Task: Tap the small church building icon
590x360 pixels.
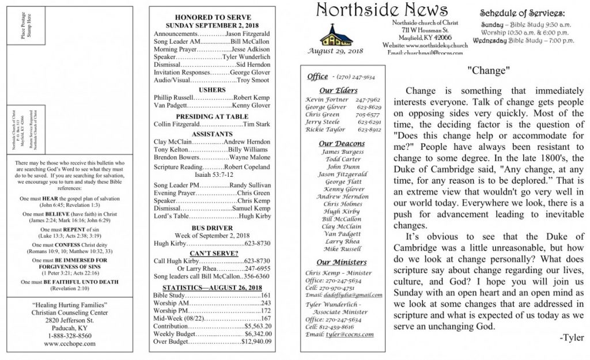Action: [335, 36]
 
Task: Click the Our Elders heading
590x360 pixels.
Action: [338, 90]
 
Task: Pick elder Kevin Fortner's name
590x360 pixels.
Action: [327, 100]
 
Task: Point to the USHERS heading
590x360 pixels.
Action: [211, 90]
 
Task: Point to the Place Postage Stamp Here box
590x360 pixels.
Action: [25, 25]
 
